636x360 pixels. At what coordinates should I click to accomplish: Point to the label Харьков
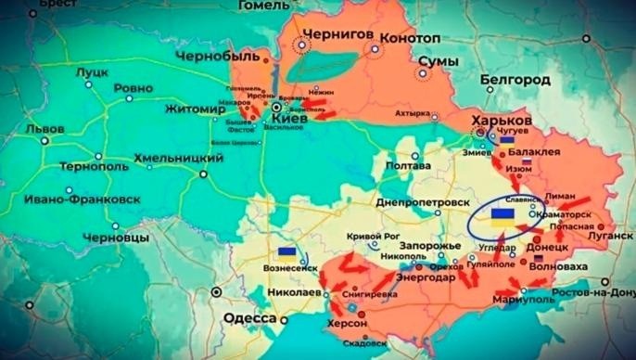pyautogui.click(x=502, y=122)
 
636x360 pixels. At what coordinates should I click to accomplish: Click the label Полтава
pyautogui.click(x=404, y=166)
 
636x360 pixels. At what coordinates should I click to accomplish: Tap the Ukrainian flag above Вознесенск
pyautogui.click(x=286, y=251)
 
